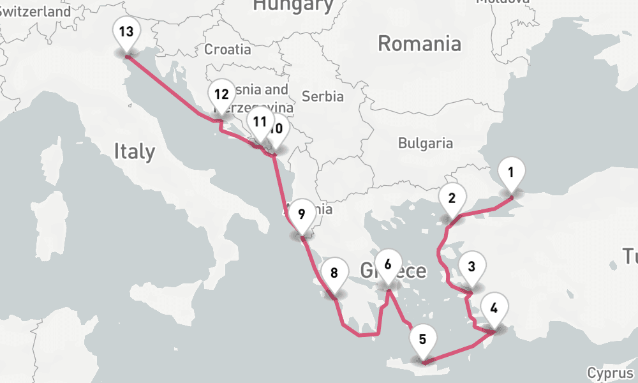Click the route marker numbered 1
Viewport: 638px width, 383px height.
pos(510,172)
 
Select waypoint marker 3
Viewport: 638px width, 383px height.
pos(471,267)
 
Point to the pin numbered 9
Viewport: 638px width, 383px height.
pos(302,214)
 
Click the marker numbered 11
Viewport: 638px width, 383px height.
pos(259,121)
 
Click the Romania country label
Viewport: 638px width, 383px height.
pos(419,43)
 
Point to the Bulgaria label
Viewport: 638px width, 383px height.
pos(425,143)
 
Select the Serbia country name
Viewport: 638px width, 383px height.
pos(323,96)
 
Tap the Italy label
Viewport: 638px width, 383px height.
pos(134,151)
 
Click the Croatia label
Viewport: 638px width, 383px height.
pos(227,49)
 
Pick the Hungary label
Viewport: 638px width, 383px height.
pos(293,6)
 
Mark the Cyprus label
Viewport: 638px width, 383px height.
pos(611,373)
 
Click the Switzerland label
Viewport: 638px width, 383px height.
pos(35,11)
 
